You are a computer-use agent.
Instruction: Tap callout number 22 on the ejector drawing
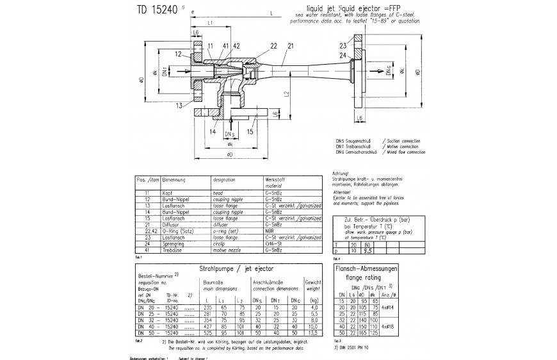(273, 46)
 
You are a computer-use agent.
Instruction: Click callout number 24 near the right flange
(343, 56)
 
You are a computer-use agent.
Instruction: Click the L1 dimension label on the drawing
(211, 23)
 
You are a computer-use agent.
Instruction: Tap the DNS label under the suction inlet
(229, 135)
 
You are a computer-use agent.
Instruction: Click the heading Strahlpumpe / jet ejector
(232, 269)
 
